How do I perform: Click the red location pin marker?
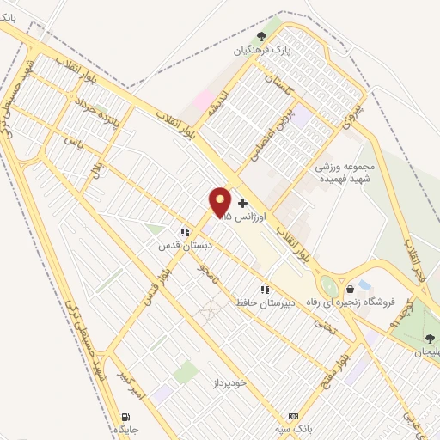220,203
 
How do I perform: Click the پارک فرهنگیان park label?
260,51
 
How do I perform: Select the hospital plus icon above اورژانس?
243,204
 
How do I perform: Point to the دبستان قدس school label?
178,245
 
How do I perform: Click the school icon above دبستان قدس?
184,231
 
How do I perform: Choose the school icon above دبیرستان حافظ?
266,290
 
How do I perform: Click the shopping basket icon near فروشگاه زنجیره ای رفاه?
350,289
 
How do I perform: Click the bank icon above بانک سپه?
293,415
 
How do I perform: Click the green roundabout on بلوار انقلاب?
328,287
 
